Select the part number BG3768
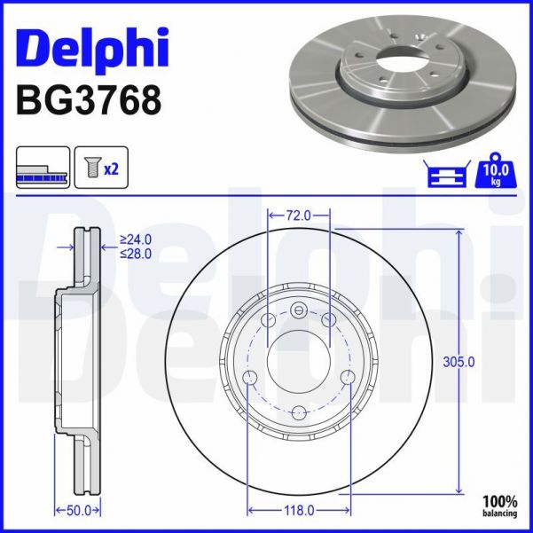(89, 99)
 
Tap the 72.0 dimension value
(299, 216)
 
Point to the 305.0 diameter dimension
(459, 361)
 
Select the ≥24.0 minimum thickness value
(137, 239)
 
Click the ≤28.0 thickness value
(137, 253)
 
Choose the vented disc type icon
(43, 169)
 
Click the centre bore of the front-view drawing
(299, 358)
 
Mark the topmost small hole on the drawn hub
(299, 310)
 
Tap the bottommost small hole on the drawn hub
(299, 412)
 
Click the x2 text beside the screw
(111, 169)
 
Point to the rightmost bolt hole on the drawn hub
(349, 379)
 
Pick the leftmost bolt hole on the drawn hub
(249, 379)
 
